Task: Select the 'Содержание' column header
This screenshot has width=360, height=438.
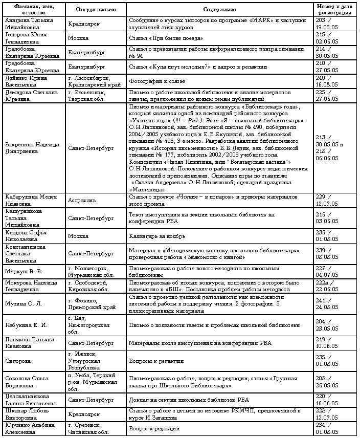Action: point(219,10)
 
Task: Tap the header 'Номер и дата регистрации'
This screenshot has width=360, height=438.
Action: point(333,10)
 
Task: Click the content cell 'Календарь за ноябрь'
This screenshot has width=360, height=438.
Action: point(157,237)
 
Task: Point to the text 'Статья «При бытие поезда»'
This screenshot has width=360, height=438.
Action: point(166,38)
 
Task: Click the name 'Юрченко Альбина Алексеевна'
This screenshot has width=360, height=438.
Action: point(29,429)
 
